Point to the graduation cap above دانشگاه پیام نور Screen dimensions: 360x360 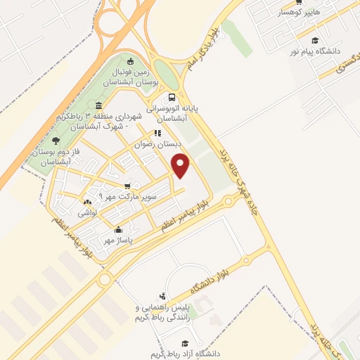315,41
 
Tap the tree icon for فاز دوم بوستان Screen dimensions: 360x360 56,141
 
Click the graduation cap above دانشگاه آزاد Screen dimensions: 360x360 185,343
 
